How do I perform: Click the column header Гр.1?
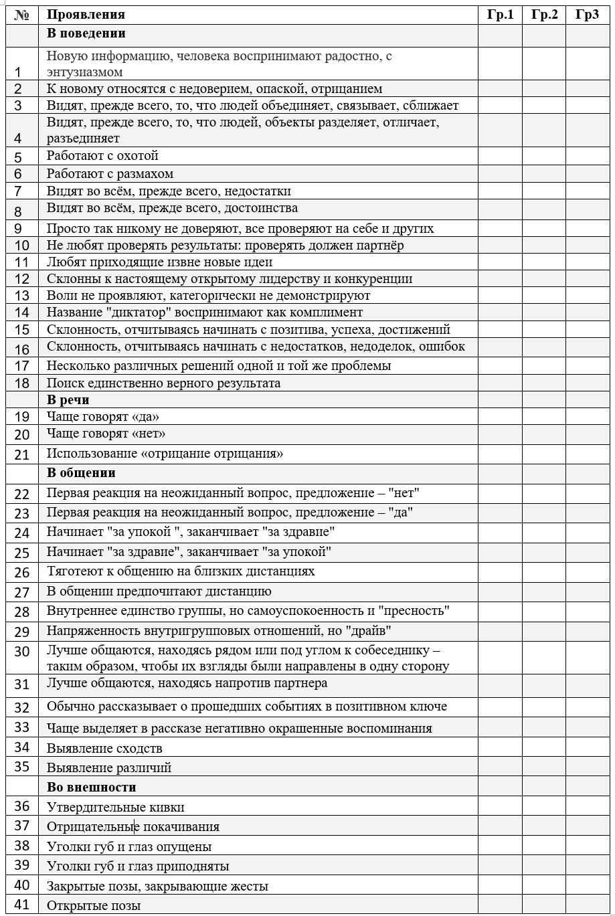click(x=500, y=15)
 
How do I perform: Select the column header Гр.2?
click(x=544, y=15)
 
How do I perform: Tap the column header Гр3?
click(x=587, y=15)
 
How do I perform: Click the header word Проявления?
click(x=86, y=15)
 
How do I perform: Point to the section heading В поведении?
click(x=86, y=33)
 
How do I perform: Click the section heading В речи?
click(x=68, y=400)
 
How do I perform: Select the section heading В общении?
click(x=81, y=473)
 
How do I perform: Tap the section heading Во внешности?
click(x=92, y=787)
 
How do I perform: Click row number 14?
click(x=22, y=312)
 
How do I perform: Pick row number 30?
click(x=22, y=651)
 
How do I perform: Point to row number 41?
click(x=22, y=905)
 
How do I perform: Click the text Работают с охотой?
click(x=102, y=156)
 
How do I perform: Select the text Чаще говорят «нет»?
click(x=106, y=434)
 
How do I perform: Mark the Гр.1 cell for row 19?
click(x=500, y=417)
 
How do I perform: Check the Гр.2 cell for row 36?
click(x=544, y=807)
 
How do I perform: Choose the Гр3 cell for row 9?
click(x=587, y=228)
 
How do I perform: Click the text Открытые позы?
click(x=94, y=906)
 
